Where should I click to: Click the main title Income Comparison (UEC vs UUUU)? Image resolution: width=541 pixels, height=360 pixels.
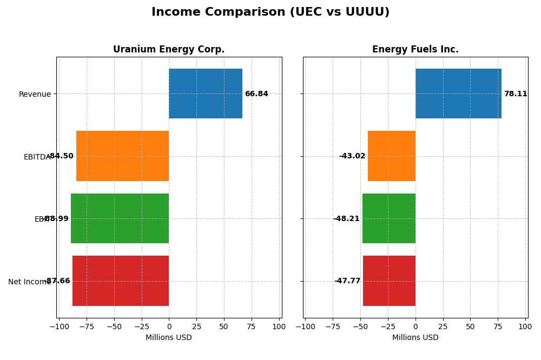[x=270, y=12]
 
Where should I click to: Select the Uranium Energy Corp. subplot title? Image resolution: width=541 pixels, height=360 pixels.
[x=169, y=50]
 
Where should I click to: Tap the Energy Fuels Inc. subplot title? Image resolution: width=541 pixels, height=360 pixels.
[x=415, y=50]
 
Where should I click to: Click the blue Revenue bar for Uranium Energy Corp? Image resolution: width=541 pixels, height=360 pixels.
[x=206, y=94]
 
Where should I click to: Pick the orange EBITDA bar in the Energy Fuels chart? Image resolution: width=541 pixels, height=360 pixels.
[x=392, y=156]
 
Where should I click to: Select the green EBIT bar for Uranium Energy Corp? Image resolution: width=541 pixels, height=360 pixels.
[x=120, y=218]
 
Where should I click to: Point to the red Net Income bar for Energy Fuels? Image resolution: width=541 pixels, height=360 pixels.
[x=389, y=281]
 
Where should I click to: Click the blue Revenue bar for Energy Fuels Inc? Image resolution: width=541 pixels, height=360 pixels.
[x=458, y=94]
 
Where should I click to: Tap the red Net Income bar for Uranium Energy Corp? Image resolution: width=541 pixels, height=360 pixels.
[x=121, y=281]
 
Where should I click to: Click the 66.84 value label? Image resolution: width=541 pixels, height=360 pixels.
[x=256, y=94]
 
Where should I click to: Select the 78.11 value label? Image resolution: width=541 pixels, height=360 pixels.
[x=516, y=94]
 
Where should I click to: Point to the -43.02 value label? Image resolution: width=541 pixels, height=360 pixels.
[x=352, y=156]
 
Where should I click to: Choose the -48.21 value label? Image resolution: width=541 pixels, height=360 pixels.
[x=346, y=219]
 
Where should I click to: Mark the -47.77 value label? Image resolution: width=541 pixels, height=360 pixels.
[x=347, y=281]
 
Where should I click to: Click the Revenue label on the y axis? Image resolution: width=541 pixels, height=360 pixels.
[x=35, y=95]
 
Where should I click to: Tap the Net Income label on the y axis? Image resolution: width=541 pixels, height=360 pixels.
[x=29, y=282]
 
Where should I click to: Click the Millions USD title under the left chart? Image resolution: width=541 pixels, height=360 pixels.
[x=169, y=338]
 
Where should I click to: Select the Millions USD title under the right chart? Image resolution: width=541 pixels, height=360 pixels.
[x=415, y=338]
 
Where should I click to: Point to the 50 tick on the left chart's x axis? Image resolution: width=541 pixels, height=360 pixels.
[x=224, y=326]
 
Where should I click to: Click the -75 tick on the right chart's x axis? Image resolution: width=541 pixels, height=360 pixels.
[x=333, y=326]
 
